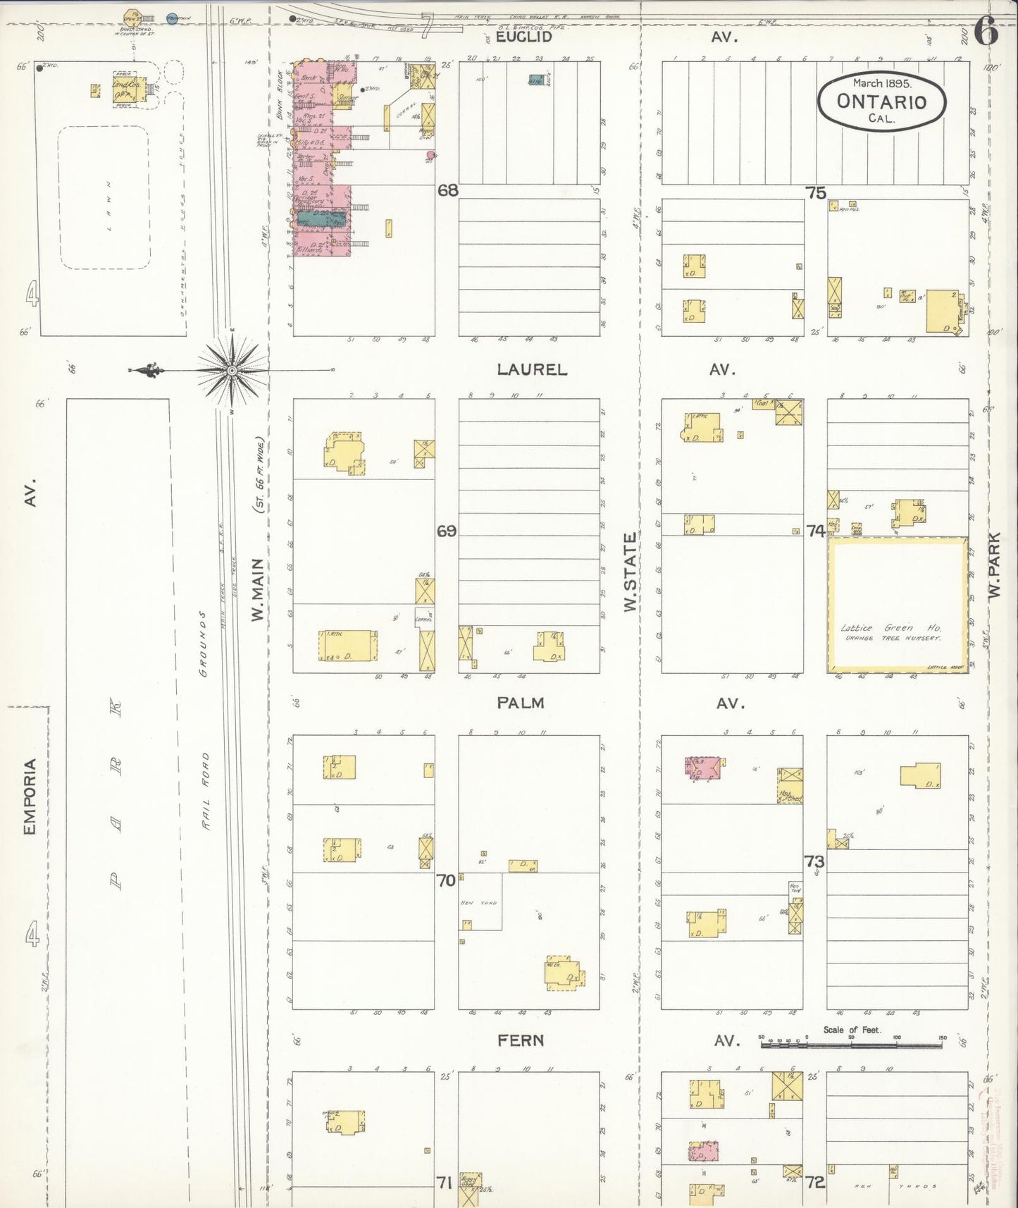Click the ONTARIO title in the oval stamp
pos(881,101)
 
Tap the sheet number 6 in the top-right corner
pos(986,32)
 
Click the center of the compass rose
pos(232,370)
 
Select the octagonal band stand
pos(132,16)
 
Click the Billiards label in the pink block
pos(309,249)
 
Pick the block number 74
pos(815,530)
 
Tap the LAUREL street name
pos(531,369)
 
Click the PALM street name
pos(520,703)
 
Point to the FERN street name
pos(520,1040)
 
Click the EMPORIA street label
pos(30,797)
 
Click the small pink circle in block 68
pos(432,155)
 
